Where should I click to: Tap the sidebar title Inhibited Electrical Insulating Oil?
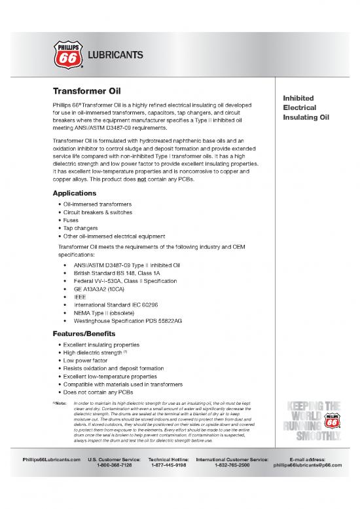coord(306,107)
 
